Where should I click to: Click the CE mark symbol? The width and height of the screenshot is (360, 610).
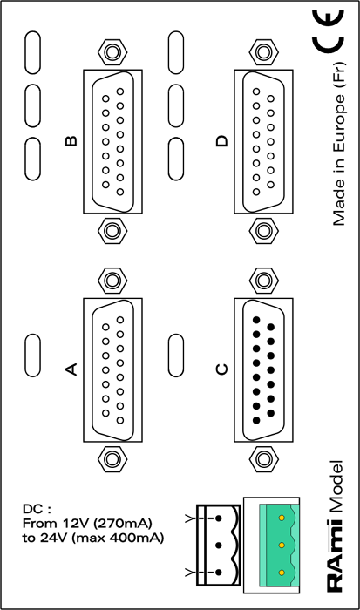pyautogui.click(x=328, y=31)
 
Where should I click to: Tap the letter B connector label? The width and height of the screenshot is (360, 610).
pyautogui.click(x=71, y=140)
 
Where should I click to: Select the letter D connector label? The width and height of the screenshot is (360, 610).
pyautogui.click(x=221, y=140)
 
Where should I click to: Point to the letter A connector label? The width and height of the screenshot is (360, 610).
pyautogui.click(x=71, y=369)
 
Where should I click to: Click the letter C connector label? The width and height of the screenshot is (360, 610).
pyautogui.click(x=221, y=369)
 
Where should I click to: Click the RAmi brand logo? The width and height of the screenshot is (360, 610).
pyautogui.click(x=335, y=555)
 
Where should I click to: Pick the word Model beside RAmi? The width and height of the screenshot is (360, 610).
pyautogui.click(x=335, y=487)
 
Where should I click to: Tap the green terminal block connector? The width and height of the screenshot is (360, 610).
pyautogui.click(x=279, y=545)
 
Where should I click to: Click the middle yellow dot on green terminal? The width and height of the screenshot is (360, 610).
pyautogui.click(x=282, y=545)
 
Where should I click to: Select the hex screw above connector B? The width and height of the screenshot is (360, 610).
pyautogui.click(x=112, y=51)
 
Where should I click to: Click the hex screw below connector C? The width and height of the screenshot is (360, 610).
pyautogui.click(x=263, y=458)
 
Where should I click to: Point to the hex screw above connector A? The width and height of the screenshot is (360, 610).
pyautogui.click(x=112, y=280)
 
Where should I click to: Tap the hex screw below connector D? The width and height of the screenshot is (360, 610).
pyautogui.click(x=263, y=231)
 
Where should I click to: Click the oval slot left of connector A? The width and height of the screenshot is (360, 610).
pyautogui.click(x=33, y=356)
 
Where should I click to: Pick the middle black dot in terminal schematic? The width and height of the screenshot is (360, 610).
pyautogui.click(x=219, y=546)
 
